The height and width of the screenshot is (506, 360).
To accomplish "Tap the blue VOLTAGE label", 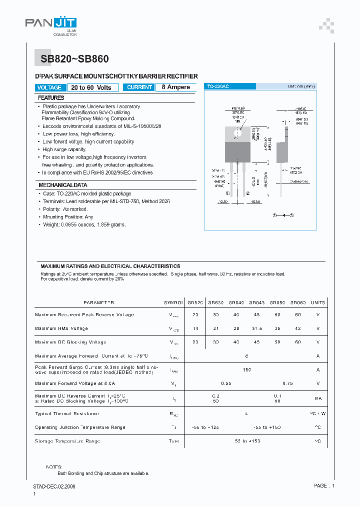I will point(49,87).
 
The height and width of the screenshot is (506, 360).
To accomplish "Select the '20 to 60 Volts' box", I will point(92,87).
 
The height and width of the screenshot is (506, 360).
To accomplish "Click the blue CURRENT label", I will point(139,87).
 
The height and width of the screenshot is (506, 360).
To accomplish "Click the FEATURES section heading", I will point(51,98).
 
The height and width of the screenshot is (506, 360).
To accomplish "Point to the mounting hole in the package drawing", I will point(238,133).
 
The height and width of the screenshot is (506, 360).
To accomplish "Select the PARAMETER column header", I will point(98,302).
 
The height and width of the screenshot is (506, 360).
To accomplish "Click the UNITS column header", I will point(317,302).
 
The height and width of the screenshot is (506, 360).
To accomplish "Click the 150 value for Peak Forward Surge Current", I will point(246,370).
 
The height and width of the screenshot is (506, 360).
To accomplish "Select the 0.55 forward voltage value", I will point(226,383).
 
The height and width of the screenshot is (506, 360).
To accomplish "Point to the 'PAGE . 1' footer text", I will point(324,485).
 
